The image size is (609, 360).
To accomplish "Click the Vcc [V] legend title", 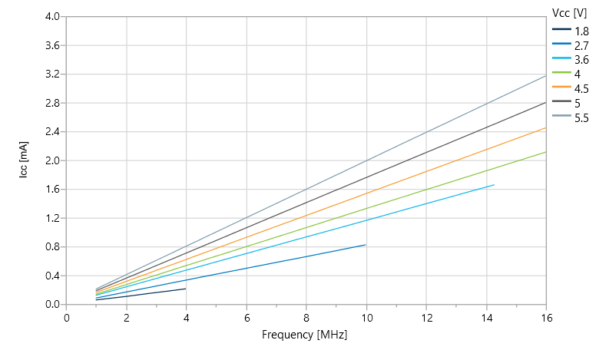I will click(x=570, y=12).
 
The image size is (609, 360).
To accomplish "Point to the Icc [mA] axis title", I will click(x=24, y=160).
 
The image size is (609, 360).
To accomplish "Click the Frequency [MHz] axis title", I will click(x=306, y=335).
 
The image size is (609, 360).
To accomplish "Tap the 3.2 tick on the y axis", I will click(x=52, y=74).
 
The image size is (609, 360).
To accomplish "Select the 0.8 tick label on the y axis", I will click(x=52, y=246).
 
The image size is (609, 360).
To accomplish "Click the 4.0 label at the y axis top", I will click(x=52, y=17).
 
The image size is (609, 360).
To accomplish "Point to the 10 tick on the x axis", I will click(x=366, y=316).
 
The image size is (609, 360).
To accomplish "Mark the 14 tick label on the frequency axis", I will click(x=486, y=316).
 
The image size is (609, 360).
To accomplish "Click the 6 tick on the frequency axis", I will click(x=247, y=316).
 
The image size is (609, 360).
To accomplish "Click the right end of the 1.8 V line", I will click(x=186, y=289).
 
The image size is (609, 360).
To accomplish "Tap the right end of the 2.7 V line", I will click(x=366, y=245).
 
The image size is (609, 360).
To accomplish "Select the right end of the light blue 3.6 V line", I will click(x=494, y=185).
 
